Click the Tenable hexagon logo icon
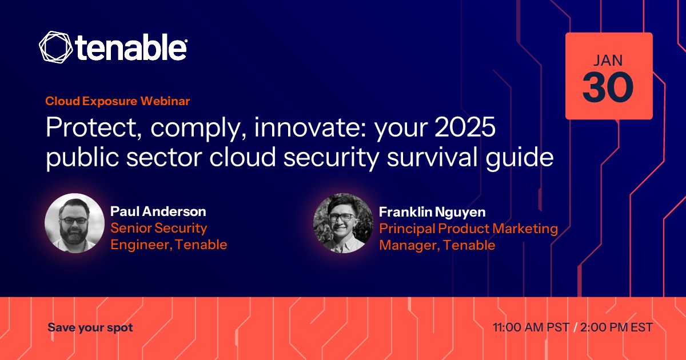click(56, 47)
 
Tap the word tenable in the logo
click(131, 47)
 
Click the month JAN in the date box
click(608, 61)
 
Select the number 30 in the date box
click(608, 87)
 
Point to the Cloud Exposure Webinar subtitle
click(118, 101)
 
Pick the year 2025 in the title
click(465, 126)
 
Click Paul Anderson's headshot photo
click(74, 223)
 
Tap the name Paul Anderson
click(158, 211)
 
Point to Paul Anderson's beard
click(74, 235)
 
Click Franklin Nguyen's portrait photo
click(343, 223)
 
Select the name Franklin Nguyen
click(432, 212)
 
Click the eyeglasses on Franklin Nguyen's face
click(341, 217)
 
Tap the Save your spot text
click(90, 327)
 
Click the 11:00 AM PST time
click(531, 327)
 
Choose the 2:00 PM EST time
click(616, 327)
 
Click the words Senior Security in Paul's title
click(159, 228)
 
